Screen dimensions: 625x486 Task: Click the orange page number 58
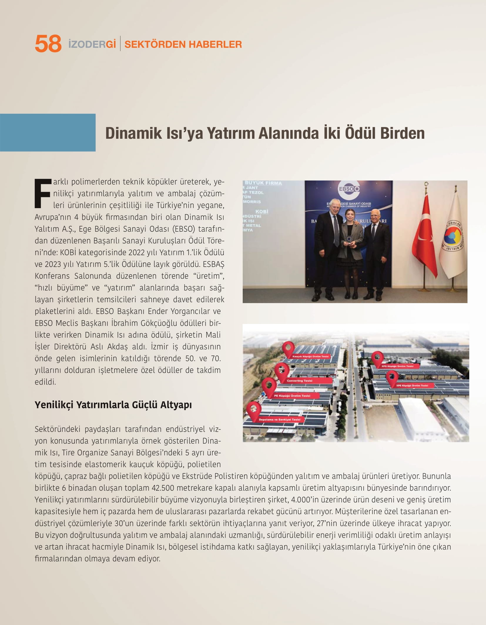tap(48, 44)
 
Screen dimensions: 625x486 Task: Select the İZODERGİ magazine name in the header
tap(92, 44)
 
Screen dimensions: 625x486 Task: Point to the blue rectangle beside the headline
tap(48, 133)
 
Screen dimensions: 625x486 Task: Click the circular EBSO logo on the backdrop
tap(348, 189)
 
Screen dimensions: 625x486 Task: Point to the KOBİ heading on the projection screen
tap(262, 211)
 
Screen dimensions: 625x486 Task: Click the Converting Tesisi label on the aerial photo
tap(299, 381)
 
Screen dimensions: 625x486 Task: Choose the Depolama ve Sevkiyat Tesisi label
tap(279, 420)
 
